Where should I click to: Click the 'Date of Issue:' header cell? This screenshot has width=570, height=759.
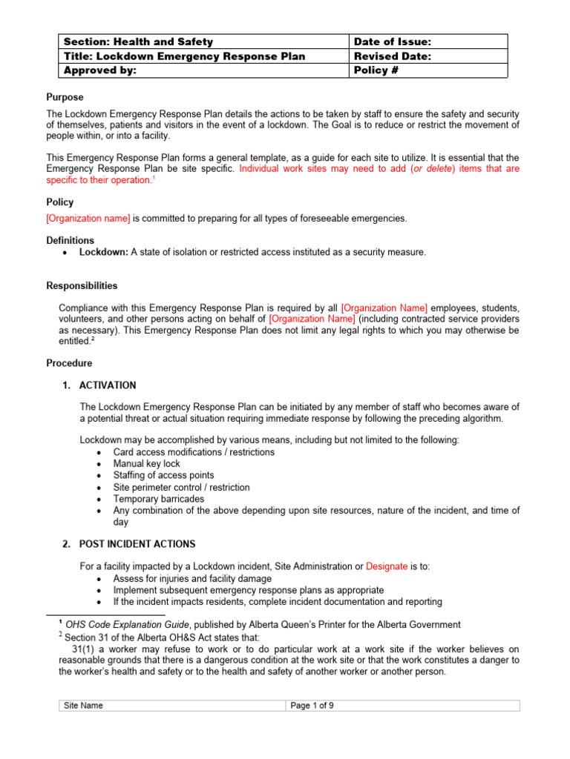click(x=393, y=42)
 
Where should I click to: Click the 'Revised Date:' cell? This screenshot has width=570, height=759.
click(x=393, y=56)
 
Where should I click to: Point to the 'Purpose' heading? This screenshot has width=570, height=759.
click(x=65, y=97)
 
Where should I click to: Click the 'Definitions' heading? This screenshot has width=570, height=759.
click(x=71, y=240)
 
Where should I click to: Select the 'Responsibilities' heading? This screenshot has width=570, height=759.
click(x=82, y=285)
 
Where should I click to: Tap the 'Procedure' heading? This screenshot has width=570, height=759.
click(x=70, y=363)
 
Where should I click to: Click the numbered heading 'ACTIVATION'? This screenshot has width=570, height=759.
click(x=108, y=385)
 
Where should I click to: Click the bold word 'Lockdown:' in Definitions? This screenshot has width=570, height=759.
click(x=104, y=252)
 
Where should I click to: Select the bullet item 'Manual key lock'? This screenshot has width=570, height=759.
click(x=147, y=463)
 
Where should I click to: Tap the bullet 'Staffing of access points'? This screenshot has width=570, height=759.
click(x=163, y=475)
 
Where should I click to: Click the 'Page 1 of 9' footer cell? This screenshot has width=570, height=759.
click(x=312, y=706)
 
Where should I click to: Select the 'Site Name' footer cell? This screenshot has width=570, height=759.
click(x=84, y=706)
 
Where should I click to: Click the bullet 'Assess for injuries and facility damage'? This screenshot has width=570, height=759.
click(x=192, y=578)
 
